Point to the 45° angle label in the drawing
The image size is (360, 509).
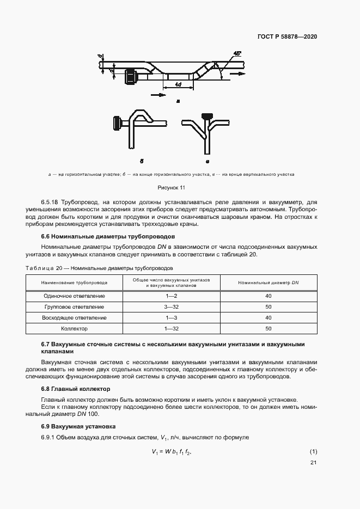(x=236, y=54)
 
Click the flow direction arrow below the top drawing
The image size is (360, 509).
(x=158, y=95)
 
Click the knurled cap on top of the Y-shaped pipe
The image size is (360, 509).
(x=206, y=116)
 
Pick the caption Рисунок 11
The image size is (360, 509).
(x=172, y=187)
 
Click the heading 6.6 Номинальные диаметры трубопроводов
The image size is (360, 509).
(x=108, y=237)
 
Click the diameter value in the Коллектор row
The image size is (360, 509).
(x=268, y=328)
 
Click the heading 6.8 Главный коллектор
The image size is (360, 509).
(x=76, y=389)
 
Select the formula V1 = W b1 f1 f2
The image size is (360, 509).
(x=172, y=452)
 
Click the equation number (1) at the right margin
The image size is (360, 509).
(x=313, y=452)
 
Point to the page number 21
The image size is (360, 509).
(x=313, y=463)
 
